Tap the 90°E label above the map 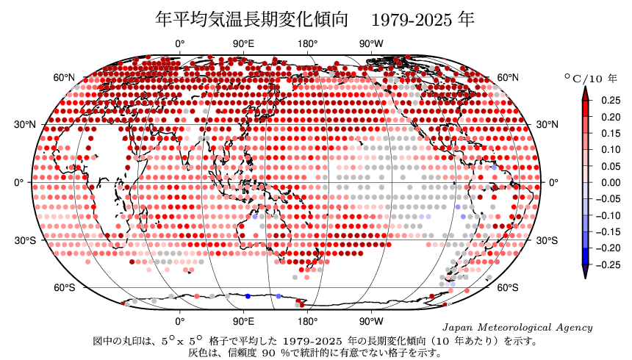point(243,44)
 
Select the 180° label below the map point(307,321)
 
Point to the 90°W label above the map point(371,44)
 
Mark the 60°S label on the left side point(65,287)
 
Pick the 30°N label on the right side point(547,124)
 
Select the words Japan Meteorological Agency point(517,327)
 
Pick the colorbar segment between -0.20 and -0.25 point(585,256)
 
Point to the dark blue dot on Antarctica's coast point(248,295)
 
